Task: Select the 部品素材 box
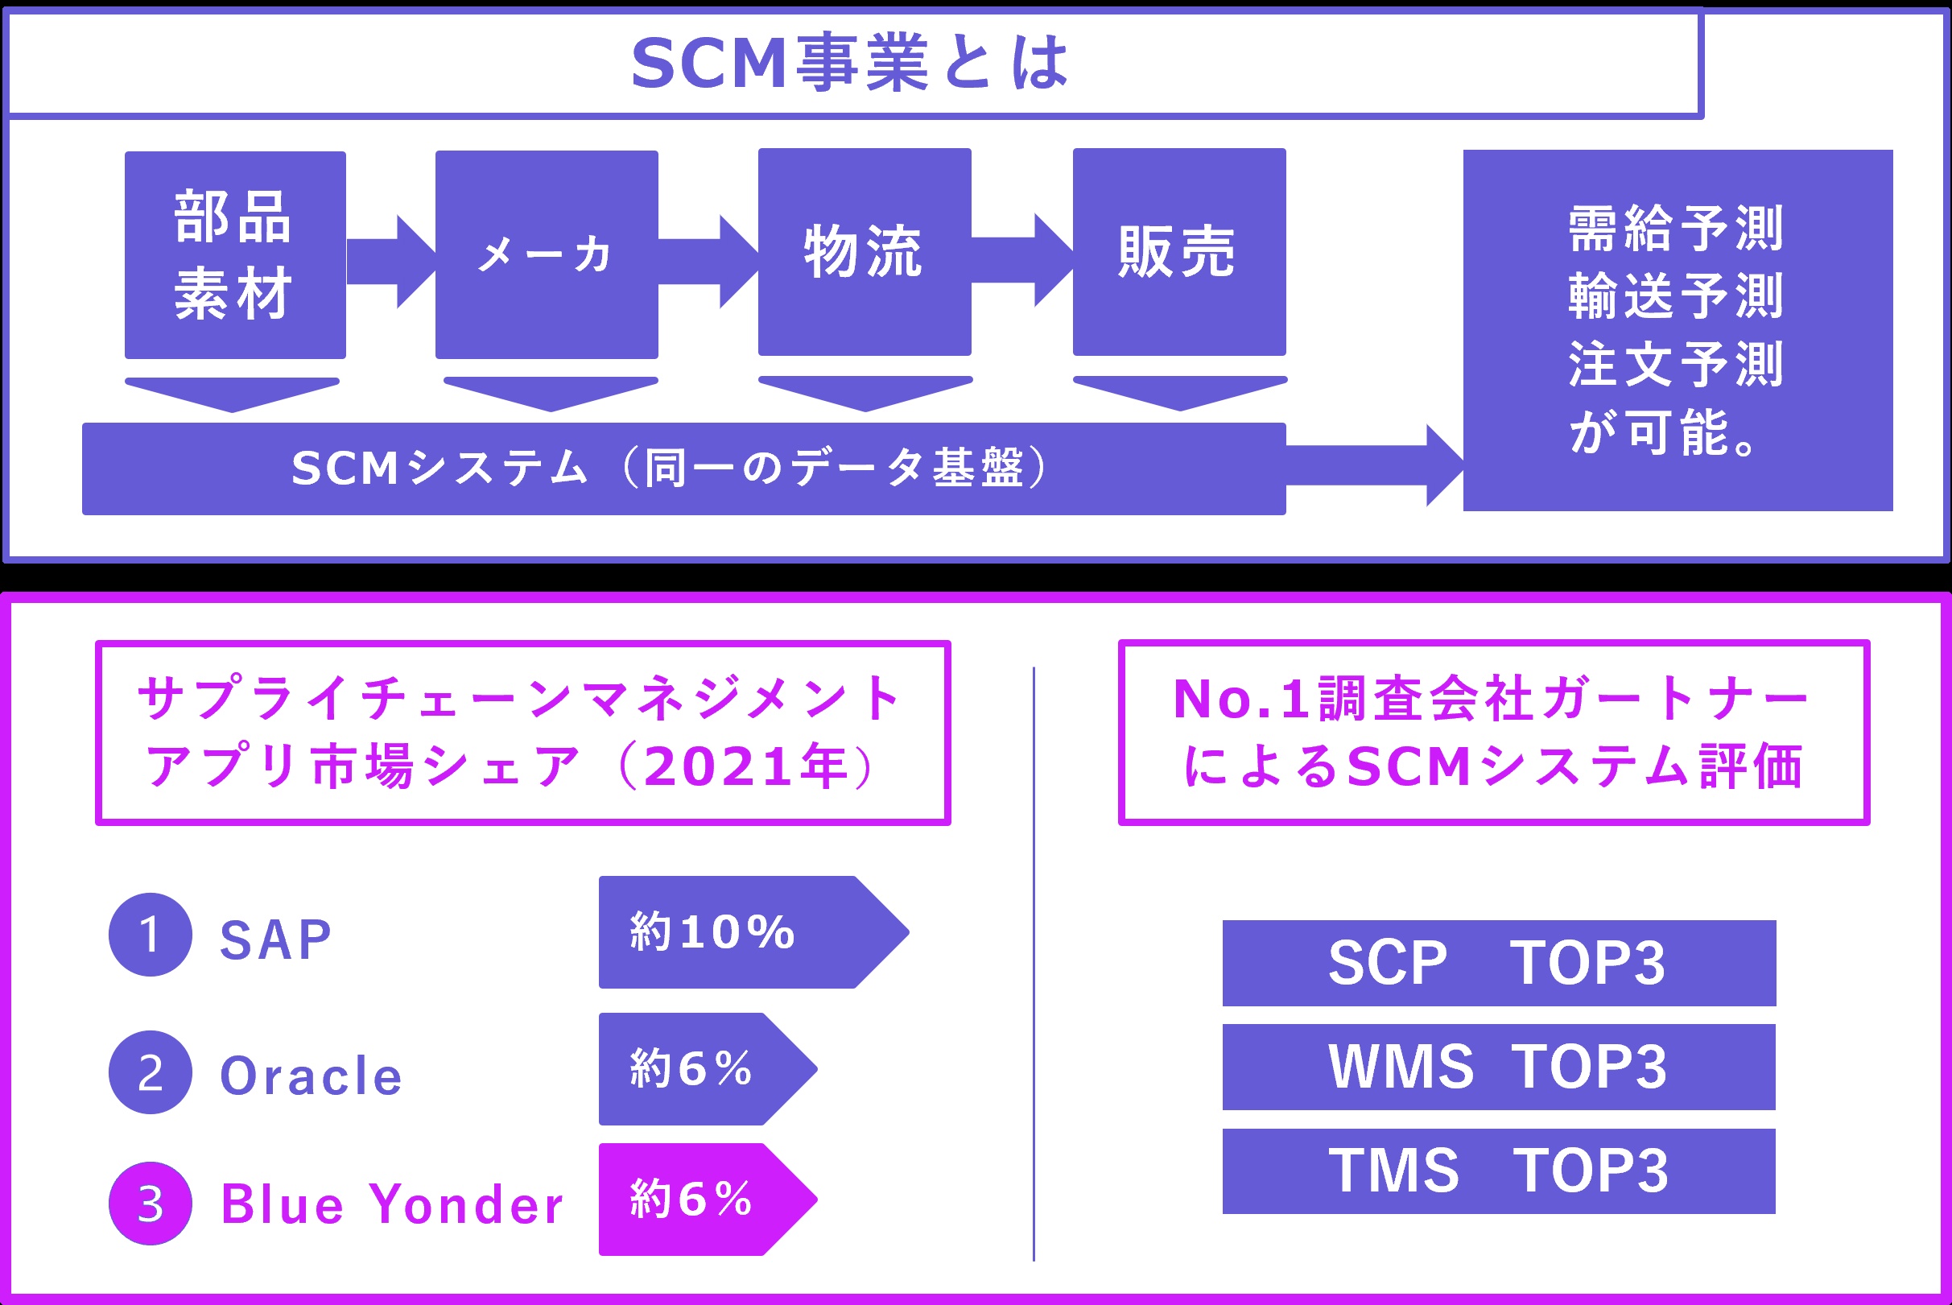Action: [x=234, y=254]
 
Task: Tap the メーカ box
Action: [x=547, y=254]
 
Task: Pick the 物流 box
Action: [x=864, y=251]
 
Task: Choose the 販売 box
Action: [x=1178, y=251]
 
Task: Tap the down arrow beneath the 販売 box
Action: [x=1179, y=393]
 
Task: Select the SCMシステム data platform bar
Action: [x=683, y=469]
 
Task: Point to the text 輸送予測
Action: [x=1676, y=296]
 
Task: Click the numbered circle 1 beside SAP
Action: [x=151, y=935]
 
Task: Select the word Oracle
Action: [x=312, y=1076]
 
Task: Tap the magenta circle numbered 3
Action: [x=151, y=1204]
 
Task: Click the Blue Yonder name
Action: [x=392, y=1204]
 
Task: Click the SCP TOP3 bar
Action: [x=1499, y=963]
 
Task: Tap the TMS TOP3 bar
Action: [x=1499, y=1171]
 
